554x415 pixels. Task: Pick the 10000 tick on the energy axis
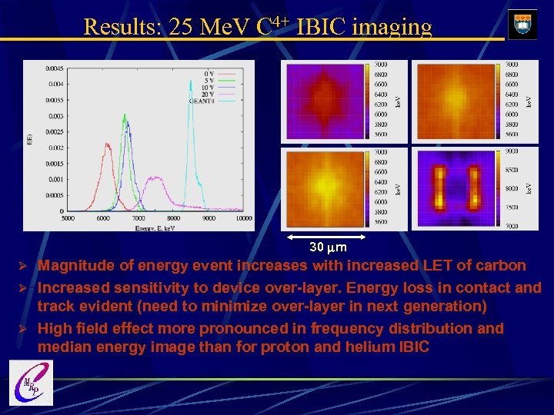coord(243,218)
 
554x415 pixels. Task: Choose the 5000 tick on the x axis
coord(68,218)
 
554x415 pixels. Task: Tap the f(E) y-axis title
coord(29,140)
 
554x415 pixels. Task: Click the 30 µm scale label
coord(328,247)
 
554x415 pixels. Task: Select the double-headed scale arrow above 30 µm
coord(328,236)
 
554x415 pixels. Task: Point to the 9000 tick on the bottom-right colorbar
coord(511,152)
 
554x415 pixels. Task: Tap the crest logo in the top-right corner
coord(522,24)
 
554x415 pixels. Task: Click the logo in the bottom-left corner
coord(32,383)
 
